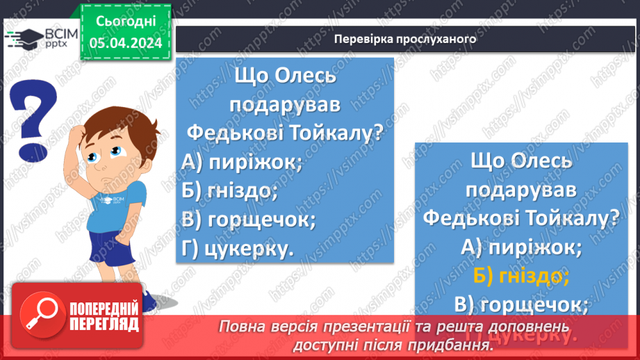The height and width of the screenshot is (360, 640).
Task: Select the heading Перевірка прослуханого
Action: [405, 39]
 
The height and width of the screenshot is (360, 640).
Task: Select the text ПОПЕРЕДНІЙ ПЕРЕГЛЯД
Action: [104, 316]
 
